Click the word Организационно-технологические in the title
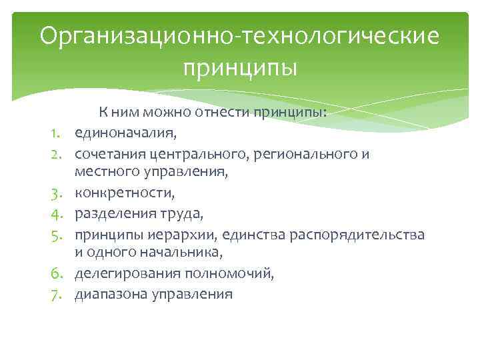pos(239,36)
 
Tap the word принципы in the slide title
pos(239,68)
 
